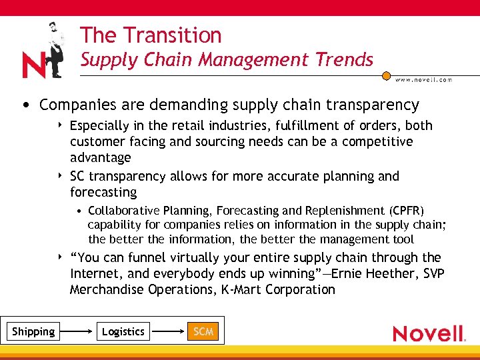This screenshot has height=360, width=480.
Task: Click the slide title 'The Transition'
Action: pyautogui.click(x=151, y=35)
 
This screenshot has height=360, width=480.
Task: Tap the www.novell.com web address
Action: pyautogui.click(x=423, y=79)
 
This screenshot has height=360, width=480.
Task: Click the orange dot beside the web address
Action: pyautogui.click(x=386, y=76)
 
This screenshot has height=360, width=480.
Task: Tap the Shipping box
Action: pyautogui.click(x=33, y=331)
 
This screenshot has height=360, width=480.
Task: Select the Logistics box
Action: pyautogui.click(x=123, y=331)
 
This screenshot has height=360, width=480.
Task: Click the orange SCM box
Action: pyautogui.click(x=203, y=331)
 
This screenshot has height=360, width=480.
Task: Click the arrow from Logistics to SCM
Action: pyautogui.click(x=167, y=331)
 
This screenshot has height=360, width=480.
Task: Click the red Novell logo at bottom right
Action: pyautogui.click(x=428, y=333)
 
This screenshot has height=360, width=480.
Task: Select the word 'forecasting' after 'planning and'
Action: pyautogui.click(x=103, y=192)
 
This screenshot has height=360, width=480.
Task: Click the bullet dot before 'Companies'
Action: pyautogui.click(x=25, y=105)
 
